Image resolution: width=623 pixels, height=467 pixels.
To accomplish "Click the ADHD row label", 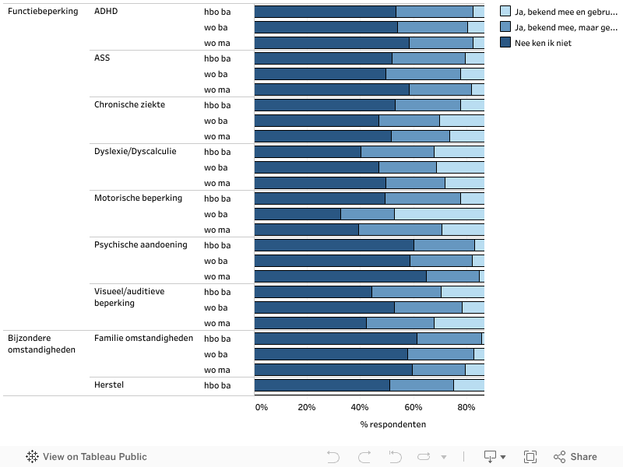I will [x=105, y=12].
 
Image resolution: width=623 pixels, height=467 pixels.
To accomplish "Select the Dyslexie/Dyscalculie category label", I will [x=135, y=151].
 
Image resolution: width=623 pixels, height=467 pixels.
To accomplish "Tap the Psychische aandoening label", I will [x=140, y=244].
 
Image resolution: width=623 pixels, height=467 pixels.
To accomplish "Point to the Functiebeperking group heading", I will [x=43, y=12].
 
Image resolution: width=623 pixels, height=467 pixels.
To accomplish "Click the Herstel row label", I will [x=109, y=384].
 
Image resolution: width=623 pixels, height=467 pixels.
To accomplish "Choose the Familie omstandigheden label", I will [x=143, y=338].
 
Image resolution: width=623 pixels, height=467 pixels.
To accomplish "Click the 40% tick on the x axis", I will [x=360, y=407].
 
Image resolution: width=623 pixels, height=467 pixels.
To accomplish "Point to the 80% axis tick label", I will [x=466, y=407].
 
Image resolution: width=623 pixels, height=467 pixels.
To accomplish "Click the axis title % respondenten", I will [x=392, y=424].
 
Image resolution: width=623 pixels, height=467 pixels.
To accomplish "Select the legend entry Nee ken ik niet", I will [x=543, y=43].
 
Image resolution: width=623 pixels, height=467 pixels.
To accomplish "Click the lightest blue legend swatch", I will [x=505, y=12].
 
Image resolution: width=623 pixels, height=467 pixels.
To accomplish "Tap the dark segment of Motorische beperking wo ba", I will [x=297, y=214].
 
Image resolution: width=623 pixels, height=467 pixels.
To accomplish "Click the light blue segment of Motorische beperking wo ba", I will [x=439, y=214].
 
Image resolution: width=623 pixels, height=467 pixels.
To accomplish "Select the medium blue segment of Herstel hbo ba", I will [x=421, y=385].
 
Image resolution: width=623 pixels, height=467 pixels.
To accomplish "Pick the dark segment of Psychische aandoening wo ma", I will [x=340, y=276].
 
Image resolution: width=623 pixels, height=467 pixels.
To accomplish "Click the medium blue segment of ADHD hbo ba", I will [x=435, y=12].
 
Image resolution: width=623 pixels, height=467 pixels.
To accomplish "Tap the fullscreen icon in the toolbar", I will [x=530, y=457].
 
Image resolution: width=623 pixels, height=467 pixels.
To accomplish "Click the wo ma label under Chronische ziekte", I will [x=217, y=136].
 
